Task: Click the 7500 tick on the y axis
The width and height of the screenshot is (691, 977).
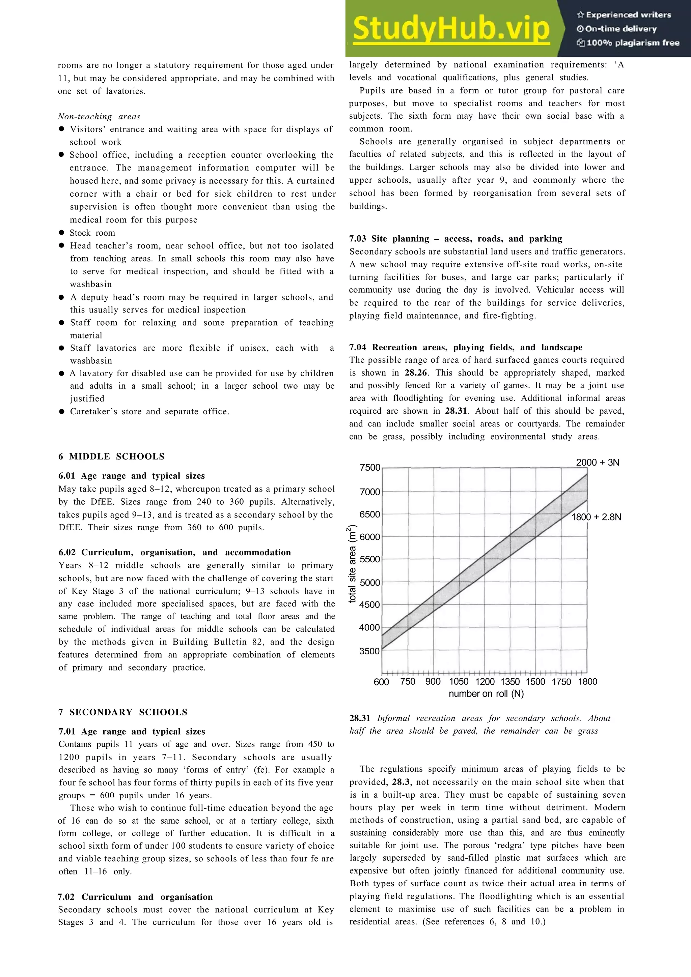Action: click(369, 467)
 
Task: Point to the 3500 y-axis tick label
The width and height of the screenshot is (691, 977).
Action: click(369, 651)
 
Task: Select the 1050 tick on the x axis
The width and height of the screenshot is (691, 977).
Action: click(459, 681)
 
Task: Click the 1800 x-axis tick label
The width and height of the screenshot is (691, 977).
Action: click(587, 681)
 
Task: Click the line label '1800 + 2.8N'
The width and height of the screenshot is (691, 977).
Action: click(596, 517)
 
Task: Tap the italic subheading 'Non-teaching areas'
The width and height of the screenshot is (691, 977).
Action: click(99, 117)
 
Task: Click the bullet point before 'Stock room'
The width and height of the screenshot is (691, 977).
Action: click(62, 232)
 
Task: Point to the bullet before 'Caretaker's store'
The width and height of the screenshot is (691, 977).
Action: click(62, 412)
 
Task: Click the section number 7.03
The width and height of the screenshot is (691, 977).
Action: click(358, 239)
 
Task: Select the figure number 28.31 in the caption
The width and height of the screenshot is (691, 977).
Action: click(360, 718)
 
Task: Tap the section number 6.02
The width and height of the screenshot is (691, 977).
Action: click(67, 552)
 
